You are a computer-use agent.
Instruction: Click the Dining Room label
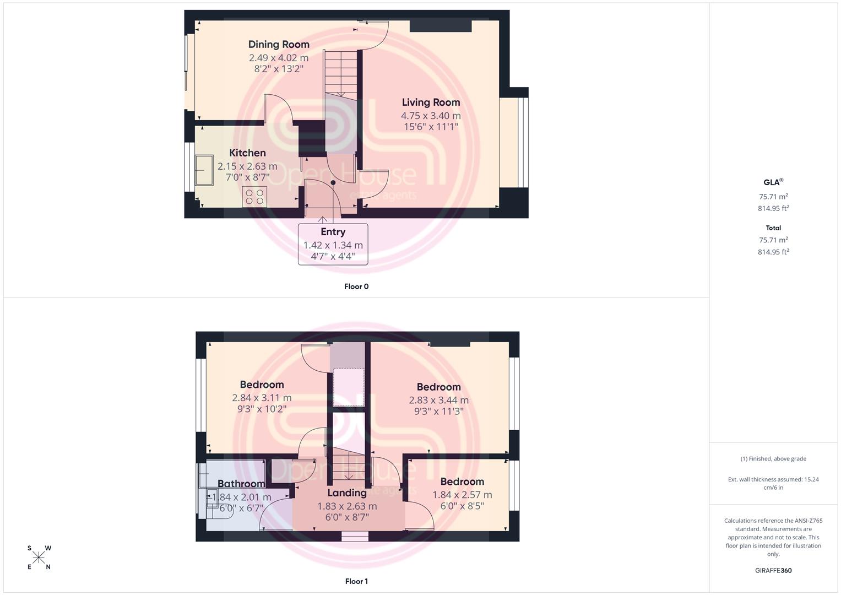(279, 44)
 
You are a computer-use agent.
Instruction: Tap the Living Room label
(431, 102)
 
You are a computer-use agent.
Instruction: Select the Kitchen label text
(247, 153)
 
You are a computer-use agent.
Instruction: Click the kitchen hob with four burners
(254, 197)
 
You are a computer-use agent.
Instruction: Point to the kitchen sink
(204, 170)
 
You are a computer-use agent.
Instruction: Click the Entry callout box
(333, 244)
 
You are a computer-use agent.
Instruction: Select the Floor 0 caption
(356, 286)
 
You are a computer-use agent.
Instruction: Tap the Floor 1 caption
(356, 581)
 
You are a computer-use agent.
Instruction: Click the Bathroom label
(241, 484)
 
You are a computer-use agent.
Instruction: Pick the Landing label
(347, 493)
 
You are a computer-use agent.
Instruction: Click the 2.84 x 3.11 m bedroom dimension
(262, 398)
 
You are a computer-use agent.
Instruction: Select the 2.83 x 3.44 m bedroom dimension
(438, 400)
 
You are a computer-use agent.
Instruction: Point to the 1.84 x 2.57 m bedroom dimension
(462, 495)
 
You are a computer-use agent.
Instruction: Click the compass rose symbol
(39, 558)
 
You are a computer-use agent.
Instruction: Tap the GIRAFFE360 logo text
(773, 570)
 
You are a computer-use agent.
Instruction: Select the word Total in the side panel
(773, 228)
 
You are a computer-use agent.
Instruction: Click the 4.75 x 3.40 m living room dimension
(431, 116)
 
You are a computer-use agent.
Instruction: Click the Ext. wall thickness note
(773, 484)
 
